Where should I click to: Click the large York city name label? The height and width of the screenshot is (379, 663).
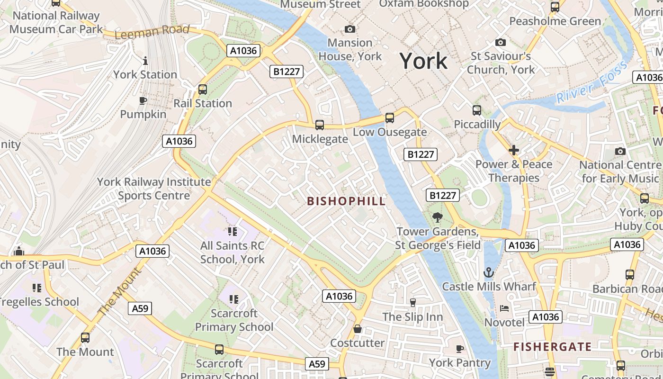click(x=423, y=61)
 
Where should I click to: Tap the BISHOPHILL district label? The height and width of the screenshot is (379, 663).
click(x=346, y=201)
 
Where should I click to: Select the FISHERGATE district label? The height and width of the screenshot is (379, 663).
click(x=553, y=347)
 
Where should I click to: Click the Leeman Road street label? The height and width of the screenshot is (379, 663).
click(x=152, y=32)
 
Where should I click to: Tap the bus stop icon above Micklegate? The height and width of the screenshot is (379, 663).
click(x=320, y=125)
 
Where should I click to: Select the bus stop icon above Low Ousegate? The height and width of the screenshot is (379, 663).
click(x=389, y=117)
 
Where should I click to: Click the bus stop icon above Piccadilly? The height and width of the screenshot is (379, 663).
click(x=477, y=110)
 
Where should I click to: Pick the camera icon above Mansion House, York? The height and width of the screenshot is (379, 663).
click(x=350, y=29)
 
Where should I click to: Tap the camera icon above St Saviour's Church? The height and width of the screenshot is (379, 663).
click(x=501, y=43)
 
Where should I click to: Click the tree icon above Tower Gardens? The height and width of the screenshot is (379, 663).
click(x=437, y=217)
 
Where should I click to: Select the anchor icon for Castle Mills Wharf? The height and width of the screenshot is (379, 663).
click(x=488, y=272)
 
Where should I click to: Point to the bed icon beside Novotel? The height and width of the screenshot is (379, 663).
click(x=504, y=308)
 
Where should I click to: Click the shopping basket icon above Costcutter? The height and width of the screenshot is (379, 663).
click(x=358, y=329)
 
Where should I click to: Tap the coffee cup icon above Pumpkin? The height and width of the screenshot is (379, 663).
click(x=143, y=100)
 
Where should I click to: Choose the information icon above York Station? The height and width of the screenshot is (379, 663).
click(x=145, y=61)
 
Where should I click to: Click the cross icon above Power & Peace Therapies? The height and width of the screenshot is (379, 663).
click(x=514, y=151)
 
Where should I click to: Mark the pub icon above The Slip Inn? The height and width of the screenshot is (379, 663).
click(x=412, y=303)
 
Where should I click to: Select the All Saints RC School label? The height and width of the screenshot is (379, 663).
click(x=232, y=252)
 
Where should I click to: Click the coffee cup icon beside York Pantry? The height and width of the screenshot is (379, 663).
click(x=459, y=349)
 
